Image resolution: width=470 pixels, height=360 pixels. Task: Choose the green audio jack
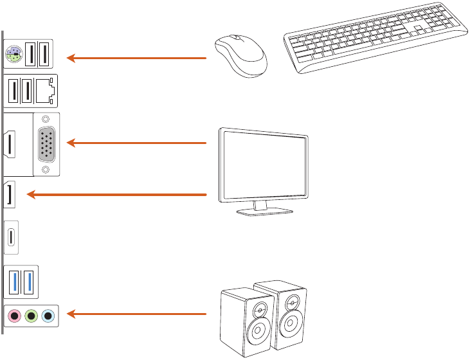click(x=31, y=316)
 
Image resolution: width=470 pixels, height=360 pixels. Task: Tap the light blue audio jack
click(x=47, y=316)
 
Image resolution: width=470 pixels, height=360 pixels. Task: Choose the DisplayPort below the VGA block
click(x=11, y=195)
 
